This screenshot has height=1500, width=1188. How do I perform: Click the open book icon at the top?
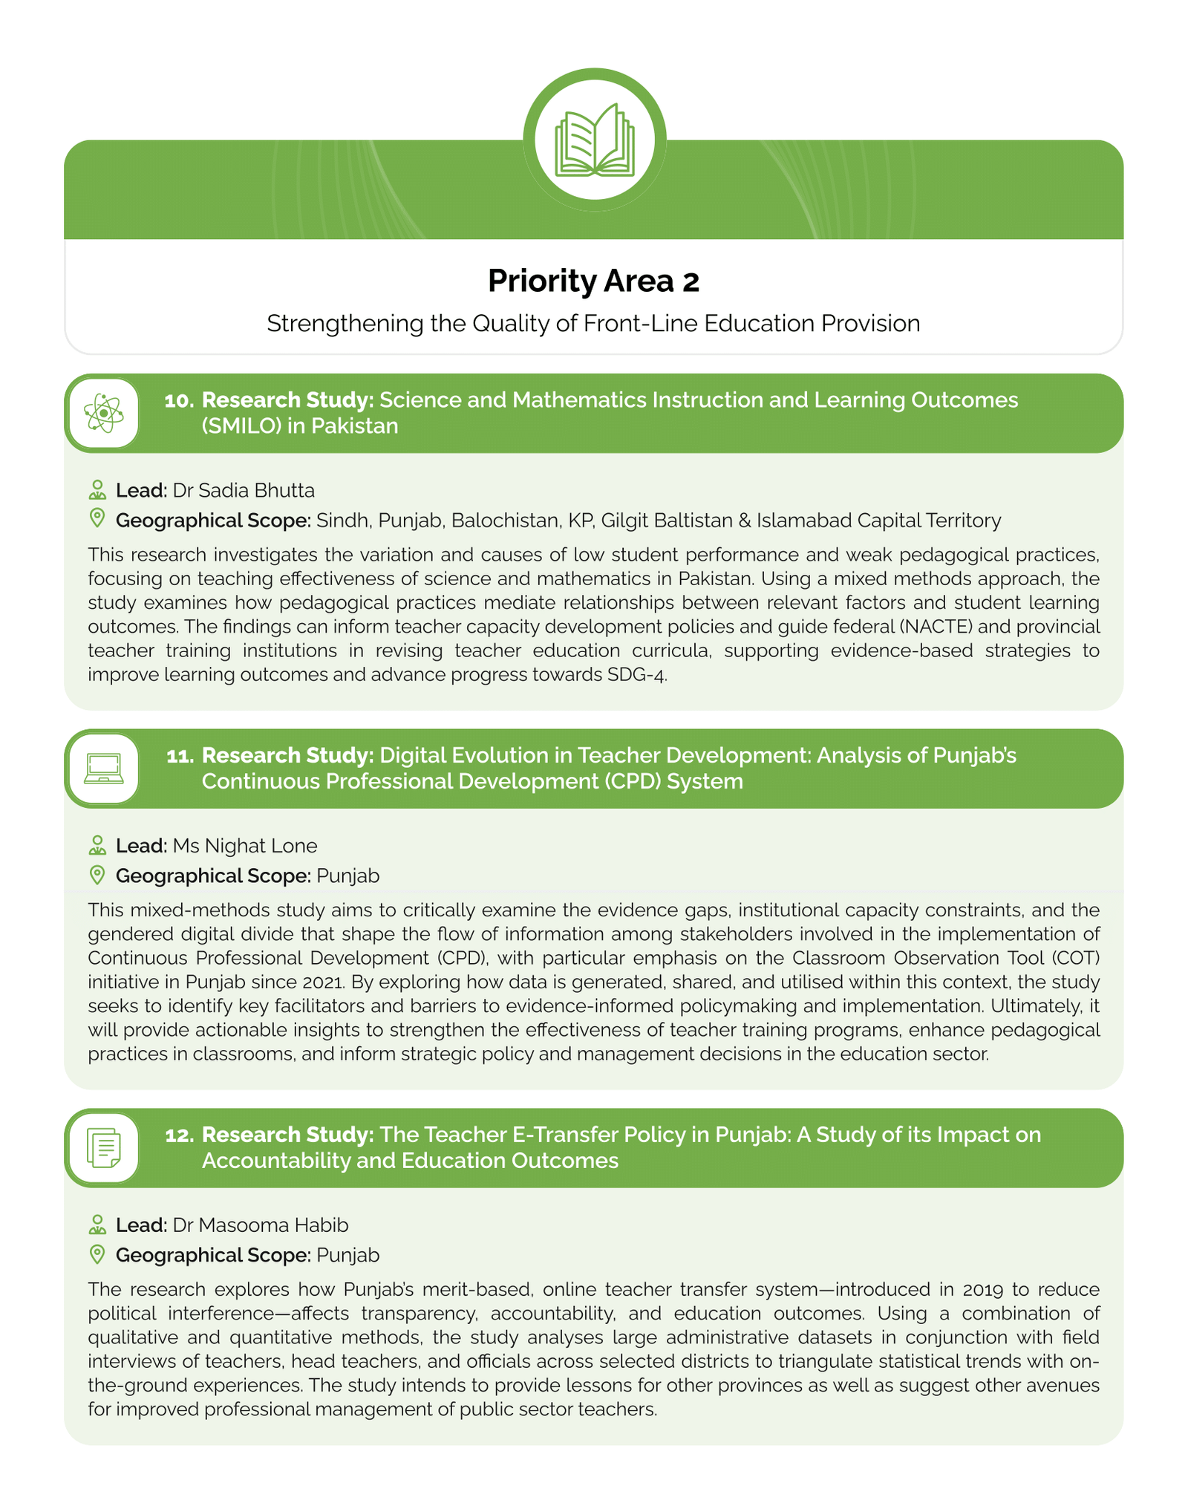coord(595,140)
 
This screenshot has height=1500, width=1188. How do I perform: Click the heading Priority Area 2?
coord(593,281)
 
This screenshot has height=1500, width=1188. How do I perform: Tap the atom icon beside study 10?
coord(103,414)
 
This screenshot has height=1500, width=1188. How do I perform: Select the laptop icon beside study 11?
coord(103,769)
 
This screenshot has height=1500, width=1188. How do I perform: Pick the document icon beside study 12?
coord(103,1148)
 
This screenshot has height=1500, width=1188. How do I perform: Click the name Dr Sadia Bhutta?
coord(244,490)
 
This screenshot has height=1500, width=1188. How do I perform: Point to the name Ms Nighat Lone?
coord(244,845)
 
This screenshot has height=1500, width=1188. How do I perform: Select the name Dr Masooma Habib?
coord(260,1225)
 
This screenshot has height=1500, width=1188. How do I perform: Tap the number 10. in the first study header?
coord(179,400)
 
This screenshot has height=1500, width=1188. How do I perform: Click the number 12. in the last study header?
coord(179,1135)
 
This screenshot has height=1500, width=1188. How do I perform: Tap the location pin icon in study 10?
coord(97,518)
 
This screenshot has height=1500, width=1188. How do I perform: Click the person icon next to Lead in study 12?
coord(97,1225)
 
